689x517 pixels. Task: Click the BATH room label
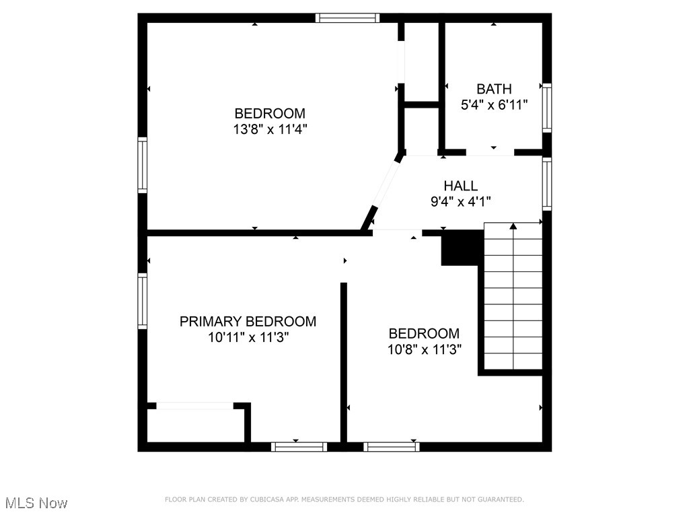tap(494, 89)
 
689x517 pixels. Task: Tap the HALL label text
tap(460, 186)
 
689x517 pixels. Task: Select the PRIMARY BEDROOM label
tap(248, 322)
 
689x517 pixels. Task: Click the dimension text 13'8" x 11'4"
tap(270, 129)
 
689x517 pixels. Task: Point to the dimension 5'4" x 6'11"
tap(494, 105)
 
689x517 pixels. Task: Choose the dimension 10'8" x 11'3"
tap(424, 349)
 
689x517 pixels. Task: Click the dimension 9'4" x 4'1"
tap(460, 201)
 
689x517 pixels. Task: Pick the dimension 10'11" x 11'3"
tap(248, 337)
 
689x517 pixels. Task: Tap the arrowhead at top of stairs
tap(513, 226)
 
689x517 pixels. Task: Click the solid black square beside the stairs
tap(462, 247)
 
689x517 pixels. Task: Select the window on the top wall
tap(348, 18)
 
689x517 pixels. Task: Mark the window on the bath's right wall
tap(547, 107)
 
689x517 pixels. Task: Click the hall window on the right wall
tap(547, 183)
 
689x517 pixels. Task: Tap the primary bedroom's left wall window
tap(143, 301)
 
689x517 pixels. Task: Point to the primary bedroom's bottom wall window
tap(299, 446)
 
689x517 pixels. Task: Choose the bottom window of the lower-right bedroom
tap(391, 446)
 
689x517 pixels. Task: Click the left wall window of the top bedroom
tap(143, 165)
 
